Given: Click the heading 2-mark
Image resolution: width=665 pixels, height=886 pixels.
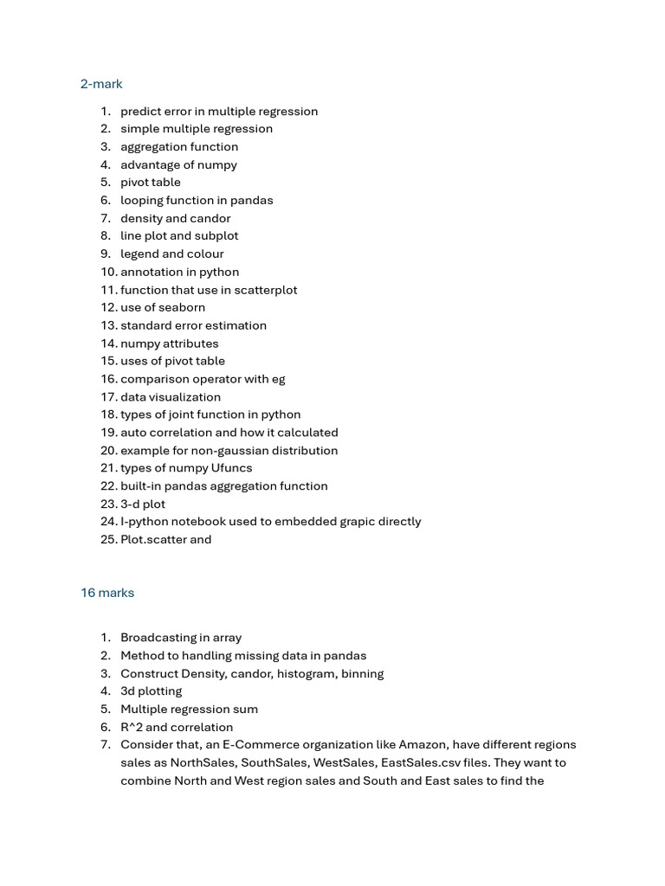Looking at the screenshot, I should coord(101,84).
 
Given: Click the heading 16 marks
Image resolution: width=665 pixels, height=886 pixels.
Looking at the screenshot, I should coord(107,593).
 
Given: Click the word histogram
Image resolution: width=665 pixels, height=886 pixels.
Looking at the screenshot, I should coord(307,673).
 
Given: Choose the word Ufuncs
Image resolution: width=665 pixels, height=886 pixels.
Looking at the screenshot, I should coord(232,468).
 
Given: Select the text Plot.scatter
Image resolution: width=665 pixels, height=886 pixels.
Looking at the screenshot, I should coord(153,540).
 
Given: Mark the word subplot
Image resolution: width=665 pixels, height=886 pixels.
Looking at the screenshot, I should coord(216,235).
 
